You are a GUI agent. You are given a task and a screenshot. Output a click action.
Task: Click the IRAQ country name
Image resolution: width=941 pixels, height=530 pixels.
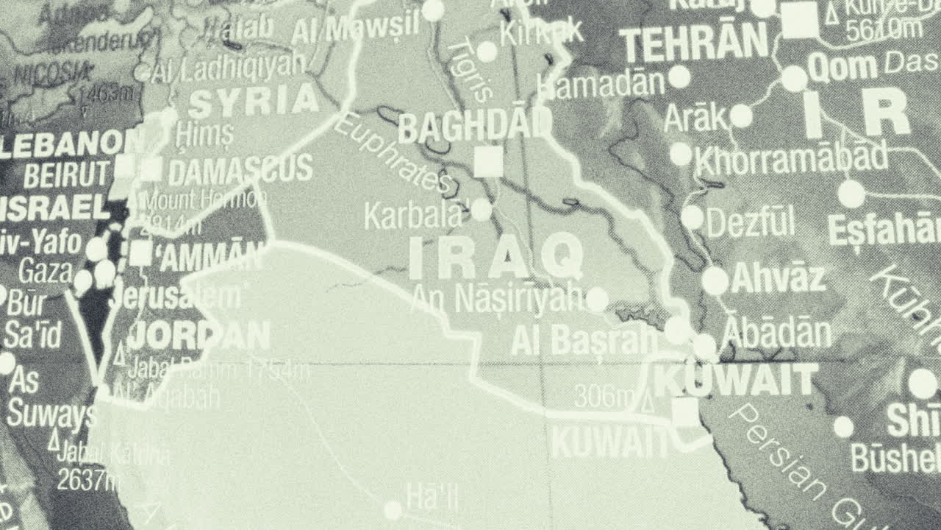(x=496, y=256)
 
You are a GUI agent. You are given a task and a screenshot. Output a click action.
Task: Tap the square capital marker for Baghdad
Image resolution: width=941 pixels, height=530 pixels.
(x=488, y=161)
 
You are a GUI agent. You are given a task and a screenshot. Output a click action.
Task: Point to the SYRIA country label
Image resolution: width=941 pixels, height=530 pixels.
(x=254, y=102)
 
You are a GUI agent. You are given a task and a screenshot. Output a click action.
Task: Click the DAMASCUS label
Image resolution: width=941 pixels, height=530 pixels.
(x=240, y=171)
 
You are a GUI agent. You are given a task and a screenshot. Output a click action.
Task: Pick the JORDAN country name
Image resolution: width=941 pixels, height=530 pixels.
(x=198, y=336)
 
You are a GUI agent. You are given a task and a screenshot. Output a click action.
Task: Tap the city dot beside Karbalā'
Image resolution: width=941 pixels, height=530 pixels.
(x=481, y=210)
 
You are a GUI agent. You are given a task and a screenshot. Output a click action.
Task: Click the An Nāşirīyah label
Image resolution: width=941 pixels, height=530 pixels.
(x=498, y=298)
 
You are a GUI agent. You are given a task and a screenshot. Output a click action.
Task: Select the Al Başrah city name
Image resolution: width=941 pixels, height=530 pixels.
(x=584, y=340)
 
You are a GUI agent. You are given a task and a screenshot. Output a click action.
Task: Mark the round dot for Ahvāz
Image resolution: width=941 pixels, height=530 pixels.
(x=715, y=280)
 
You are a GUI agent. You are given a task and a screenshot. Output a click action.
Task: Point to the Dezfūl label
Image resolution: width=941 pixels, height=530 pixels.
(x=751, y=221)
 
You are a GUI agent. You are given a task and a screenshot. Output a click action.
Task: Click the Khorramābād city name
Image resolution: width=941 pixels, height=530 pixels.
(x=791, y=158)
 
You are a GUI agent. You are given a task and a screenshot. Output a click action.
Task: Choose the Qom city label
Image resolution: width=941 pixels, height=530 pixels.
(x=842, y=68)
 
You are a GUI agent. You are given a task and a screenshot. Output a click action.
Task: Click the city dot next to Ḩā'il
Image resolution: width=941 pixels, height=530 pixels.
(x=393, y=509)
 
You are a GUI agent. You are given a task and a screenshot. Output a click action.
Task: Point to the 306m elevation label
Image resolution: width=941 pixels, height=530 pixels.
(x=604, y=397)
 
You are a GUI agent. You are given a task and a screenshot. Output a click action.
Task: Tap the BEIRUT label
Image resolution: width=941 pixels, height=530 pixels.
(x=66, y=175)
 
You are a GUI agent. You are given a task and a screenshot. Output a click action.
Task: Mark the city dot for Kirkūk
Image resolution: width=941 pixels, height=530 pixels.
(x=487, y=52)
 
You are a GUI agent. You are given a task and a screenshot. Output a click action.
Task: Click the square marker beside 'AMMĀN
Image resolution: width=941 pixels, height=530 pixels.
(x=140, y=253)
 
